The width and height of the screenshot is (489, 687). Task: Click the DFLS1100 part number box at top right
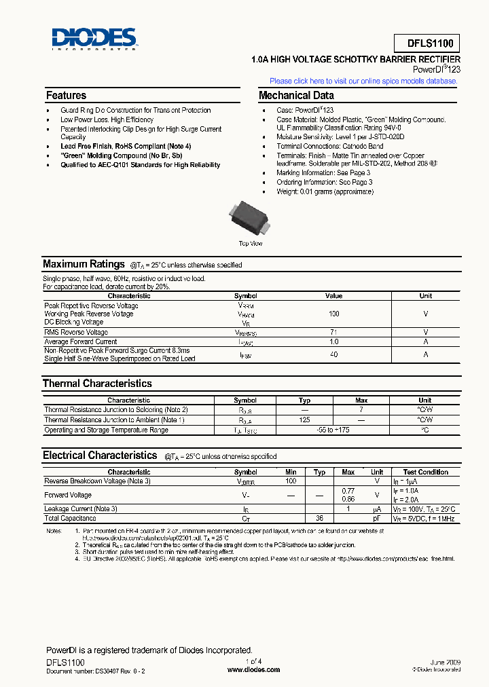point(427,44)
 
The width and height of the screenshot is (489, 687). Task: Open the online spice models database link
point(363,81)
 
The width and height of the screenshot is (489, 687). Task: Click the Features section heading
point(66,96)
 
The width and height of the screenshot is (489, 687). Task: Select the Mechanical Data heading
point(296,96)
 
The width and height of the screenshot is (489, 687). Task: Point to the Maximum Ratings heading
point(84,264)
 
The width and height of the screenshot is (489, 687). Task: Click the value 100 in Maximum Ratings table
point(333,314)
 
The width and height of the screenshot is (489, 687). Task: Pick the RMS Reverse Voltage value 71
point(333,333)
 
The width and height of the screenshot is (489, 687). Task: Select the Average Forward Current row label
point(81,341)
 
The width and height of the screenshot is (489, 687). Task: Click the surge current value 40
point(333,354)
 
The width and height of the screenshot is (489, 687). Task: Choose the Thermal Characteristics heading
point(97,384)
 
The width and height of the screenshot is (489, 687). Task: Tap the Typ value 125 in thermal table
point(305,420)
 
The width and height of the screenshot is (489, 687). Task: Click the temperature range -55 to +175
point(333,430)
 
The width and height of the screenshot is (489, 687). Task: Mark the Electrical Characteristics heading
point(100,456)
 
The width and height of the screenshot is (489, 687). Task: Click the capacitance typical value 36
point(319,518)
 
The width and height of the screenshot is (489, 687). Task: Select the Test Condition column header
point(425,472)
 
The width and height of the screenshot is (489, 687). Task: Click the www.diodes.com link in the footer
point(253,669)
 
